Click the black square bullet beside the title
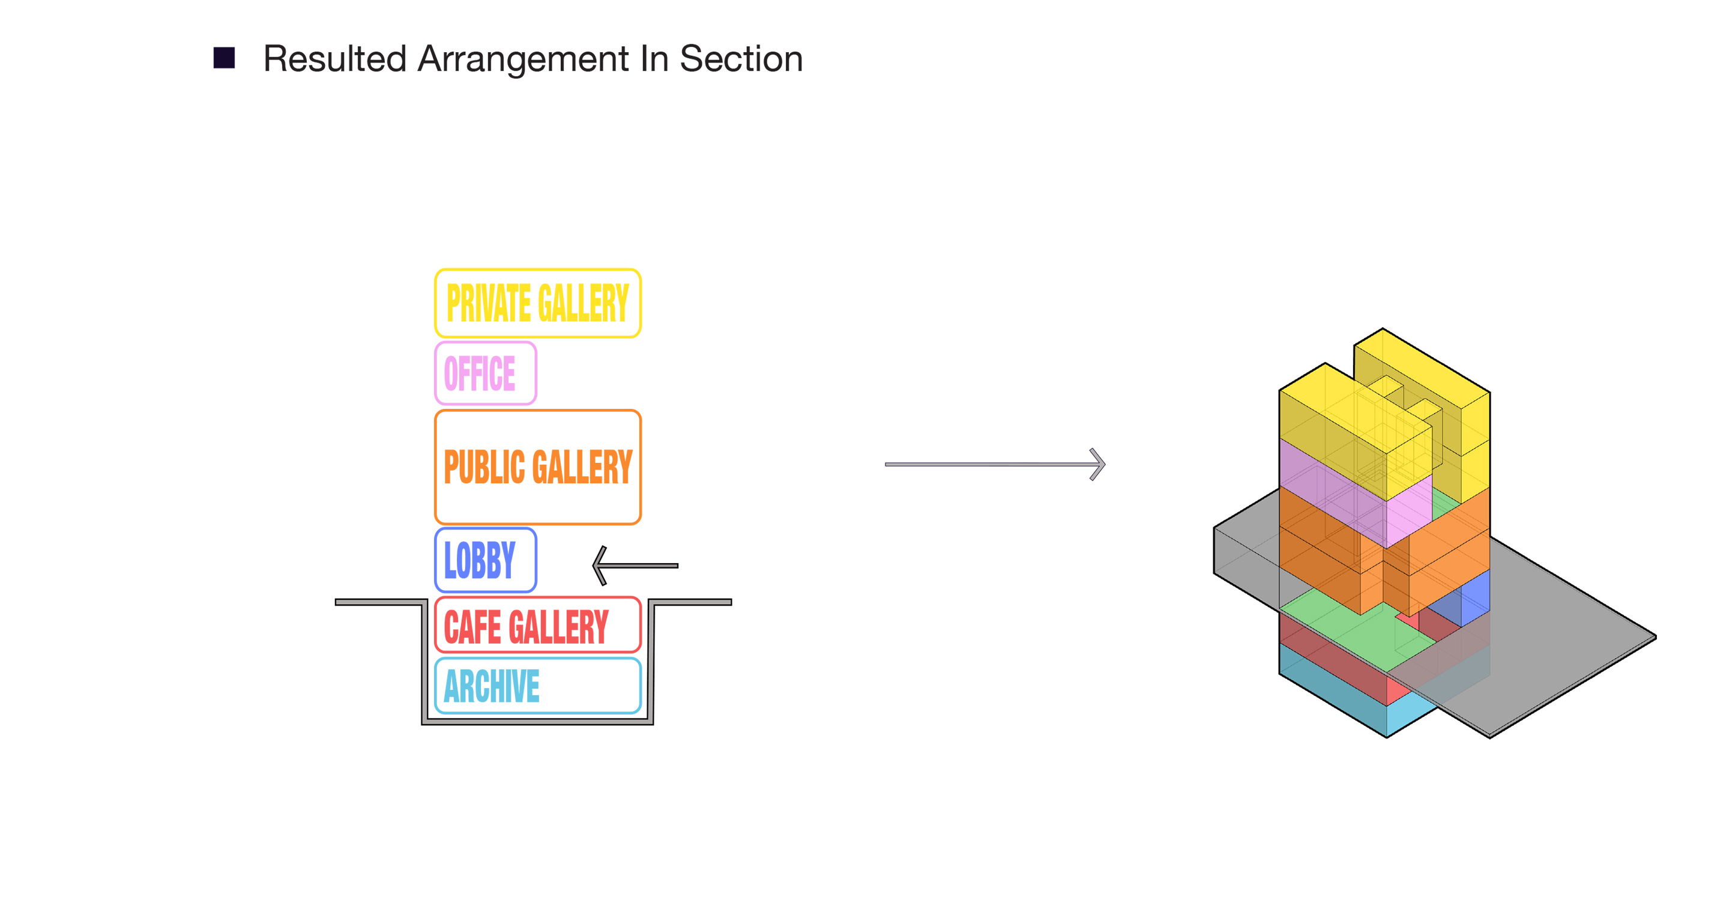[223, 58]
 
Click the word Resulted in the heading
[334, 58]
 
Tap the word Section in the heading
[741, 58]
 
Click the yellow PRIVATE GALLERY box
[538, 303]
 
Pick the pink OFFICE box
[485, 373]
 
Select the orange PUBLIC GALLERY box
[538, 467]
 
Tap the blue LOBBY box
[485, 560]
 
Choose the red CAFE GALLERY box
[538, 625]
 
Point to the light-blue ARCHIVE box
[538, 686]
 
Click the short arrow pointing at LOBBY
[635, 565]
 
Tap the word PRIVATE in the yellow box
[489, 303]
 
